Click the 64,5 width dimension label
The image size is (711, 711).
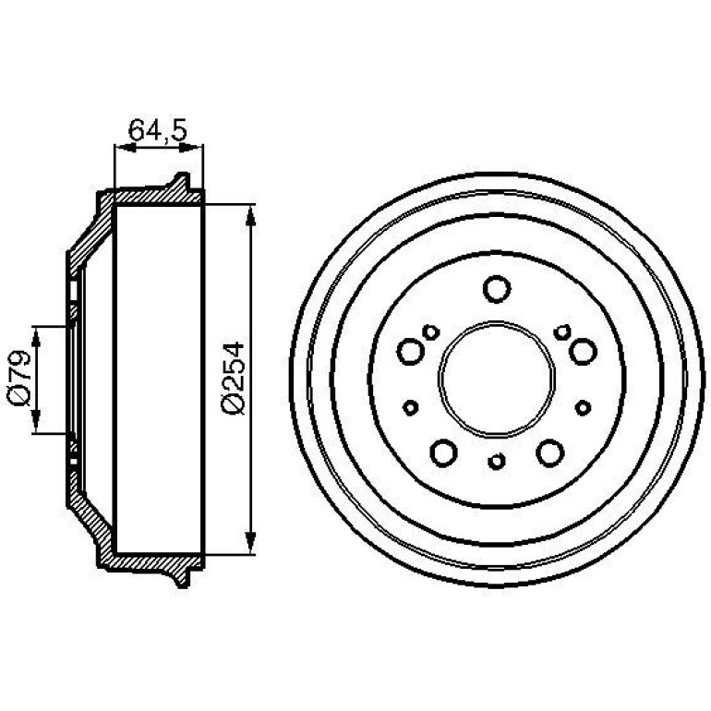157,130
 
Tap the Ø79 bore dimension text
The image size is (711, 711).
18,378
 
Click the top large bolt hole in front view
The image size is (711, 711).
497,289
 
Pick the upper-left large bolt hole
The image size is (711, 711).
411,352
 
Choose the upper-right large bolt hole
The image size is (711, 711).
583,352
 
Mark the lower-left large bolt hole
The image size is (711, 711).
443,452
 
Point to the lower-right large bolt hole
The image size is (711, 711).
550,452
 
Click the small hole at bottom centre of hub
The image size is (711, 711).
497,461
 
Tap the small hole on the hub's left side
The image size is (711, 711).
410,407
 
